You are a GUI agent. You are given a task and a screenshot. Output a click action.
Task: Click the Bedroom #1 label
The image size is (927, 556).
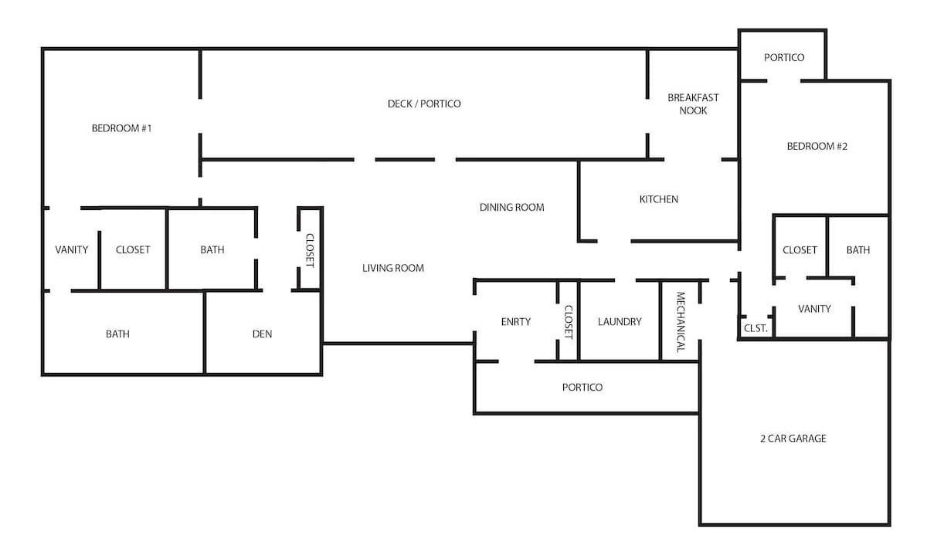tap(122, 128)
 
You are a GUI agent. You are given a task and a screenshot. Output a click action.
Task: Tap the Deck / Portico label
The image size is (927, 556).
tap(424, 103)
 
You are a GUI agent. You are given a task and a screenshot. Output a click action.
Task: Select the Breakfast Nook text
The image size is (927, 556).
tap(693, 104)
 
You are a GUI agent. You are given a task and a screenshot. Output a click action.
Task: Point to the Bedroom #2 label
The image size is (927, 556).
tap(817, 147)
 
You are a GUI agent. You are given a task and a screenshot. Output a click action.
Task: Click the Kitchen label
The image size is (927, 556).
tap(659, 199)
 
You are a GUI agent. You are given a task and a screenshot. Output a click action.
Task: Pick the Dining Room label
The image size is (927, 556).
tap(512, 207)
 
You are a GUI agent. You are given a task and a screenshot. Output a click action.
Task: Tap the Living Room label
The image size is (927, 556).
tap(393, 268)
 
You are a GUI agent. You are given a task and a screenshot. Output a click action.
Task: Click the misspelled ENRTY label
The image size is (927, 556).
tap(516, 322)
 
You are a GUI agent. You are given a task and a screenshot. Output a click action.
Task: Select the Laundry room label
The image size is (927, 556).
tap(620, 322)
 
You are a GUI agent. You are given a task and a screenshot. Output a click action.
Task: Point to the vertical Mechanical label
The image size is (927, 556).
tap(681, 322)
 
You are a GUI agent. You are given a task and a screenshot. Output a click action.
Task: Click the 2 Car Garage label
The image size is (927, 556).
tap(793, 439)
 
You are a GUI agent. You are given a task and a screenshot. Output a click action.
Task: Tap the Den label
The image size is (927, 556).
tap(263, 334)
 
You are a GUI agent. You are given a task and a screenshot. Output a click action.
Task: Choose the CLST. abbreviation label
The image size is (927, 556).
tap(756, 328)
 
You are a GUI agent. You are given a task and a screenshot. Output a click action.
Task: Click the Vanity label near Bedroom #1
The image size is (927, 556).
tap(72, 250)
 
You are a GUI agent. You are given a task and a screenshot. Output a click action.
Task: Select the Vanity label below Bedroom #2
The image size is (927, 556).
tap(814, 309)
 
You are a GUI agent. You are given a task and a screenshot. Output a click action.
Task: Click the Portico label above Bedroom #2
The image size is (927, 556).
tap(784, 57)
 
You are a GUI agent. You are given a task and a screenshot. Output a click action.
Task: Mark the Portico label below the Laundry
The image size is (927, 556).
tap(582, 387)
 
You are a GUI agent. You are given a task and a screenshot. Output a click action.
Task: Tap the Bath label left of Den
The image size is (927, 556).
tap(117, 334)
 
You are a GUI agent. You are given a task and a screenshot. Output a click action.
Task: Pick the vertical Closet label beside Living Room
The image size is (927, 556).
tap(310, 251)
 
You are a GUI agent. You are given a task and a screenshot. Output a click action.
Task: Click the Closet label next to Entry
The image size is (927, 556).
tap(569, 322)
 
